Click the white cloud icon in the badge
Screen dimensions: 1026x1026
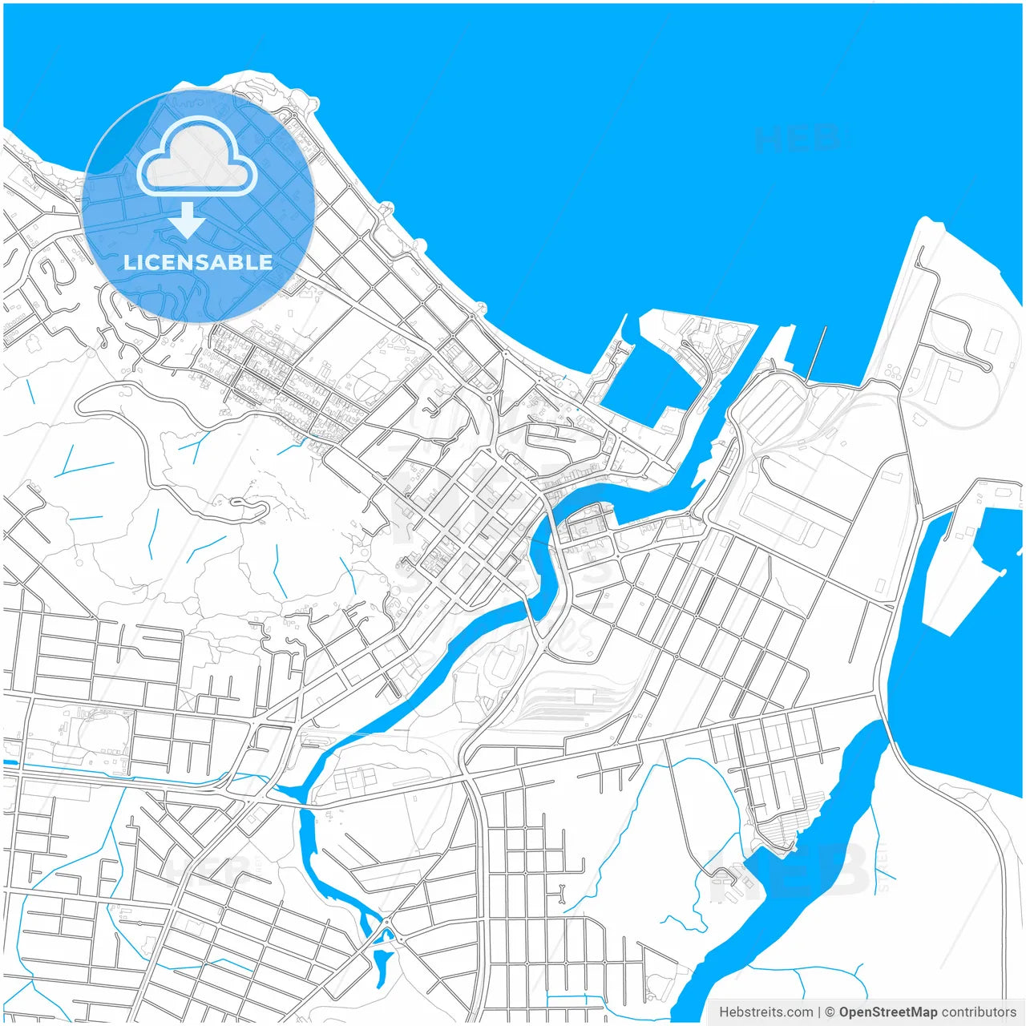[x=197, y=156]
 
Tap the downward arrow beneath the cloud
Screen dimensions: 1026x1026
[x=187, y=220]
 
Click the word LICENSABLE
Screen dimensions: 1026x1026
[x=198, y=262]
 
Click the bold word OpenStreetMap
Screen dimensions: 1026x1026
[x=887, y=1012]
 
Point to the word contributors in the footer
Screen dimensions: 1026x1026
[x=979, y=1012]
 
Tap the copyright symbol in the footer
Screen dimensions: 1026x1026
[x=830, y=1012]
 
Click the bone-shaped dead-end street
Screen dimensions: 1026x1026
[x=562, y=891]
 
